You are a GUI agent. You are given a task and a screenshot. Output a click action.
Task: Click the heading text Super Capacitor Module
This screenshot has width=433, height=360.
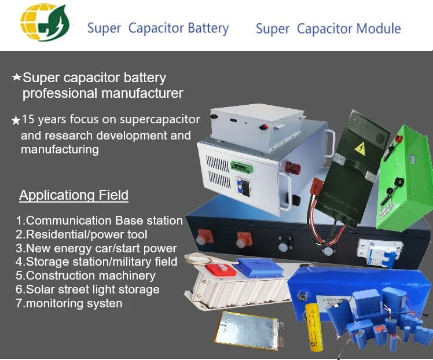328,28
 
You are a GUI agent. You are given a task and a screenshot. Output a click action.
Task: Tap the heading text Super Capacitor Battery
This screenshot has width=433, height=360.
157,28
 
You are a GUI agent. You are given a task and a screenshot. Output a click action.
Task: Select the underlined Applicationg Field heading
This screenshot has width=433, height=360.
74,195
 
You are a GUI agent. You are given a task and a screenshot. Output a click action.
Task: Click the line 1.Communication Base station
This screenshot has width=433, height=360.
99,221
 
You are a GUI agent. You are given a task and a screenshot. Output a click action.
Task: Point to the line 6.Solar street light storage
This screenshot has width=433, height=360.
87,289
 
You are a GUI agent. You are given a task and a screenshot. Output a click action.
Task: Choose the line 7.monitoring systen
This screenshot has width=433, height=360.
69,303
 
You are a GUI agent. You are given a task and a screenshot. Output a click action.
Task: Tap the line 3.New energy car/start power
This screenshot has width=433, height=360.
96,248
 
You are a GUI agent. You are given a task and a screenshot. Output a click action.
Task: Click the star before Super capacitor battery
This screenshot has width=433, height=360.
16,77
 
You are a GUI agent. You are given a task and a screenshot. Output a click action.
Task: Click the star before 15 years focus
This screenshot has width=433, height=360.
16,120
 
